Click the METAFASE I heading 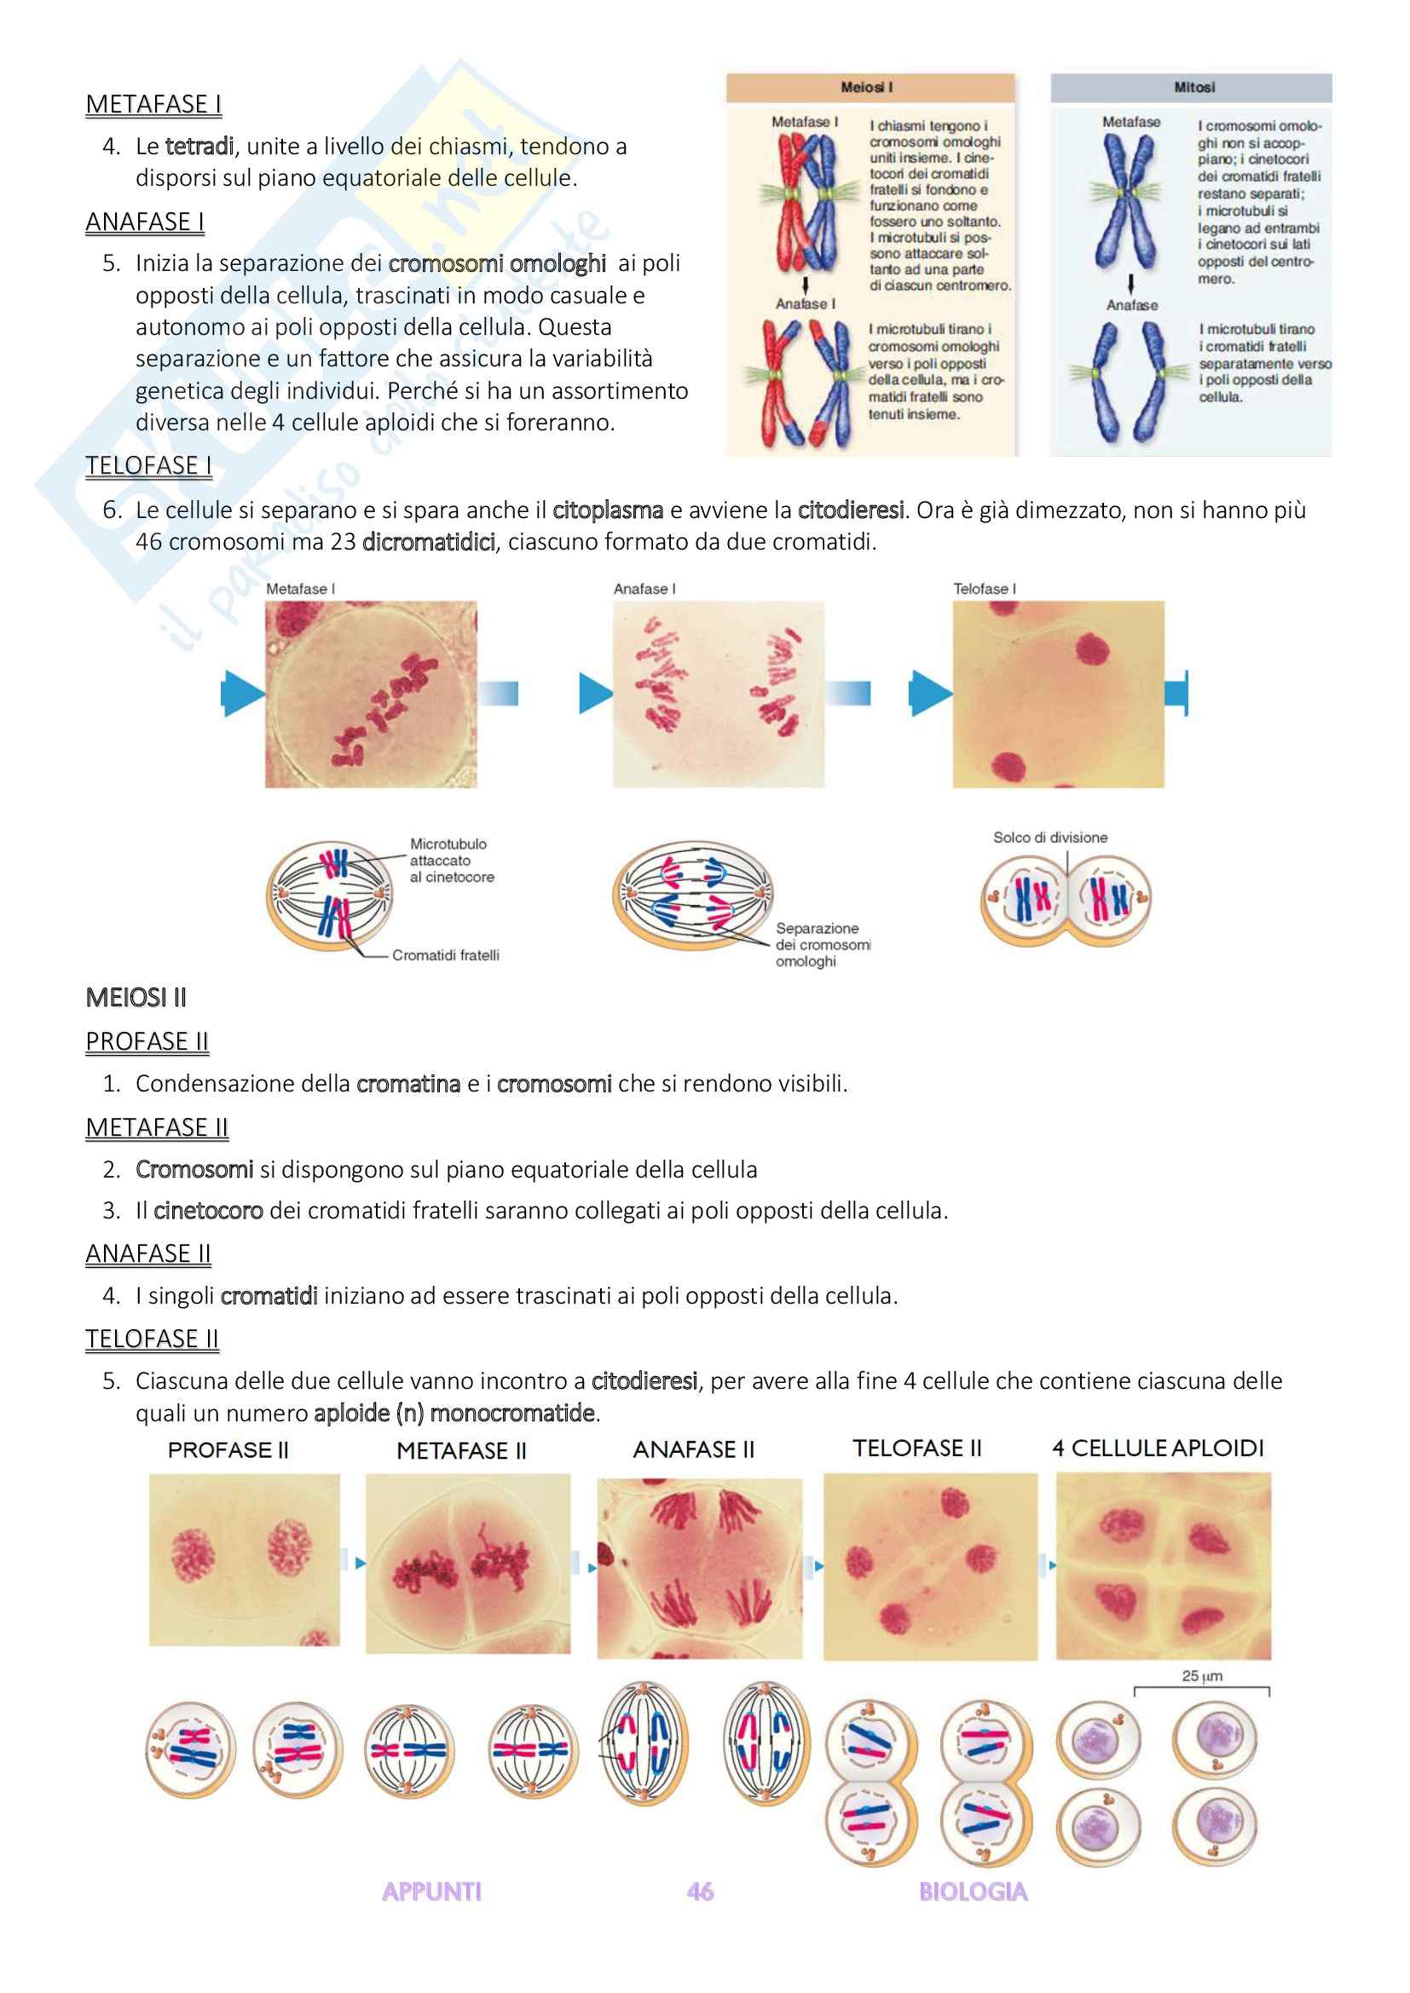tap(153, 104)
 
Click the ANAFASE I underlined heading tap(145, 222)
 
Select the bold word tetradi tap(199, 147)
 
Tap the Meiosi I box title tap(865, 88)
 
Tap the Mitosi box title tap(1193, 88)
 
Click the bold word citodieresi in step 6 tap(850, 510)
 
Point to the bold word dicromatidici tap(428, 543)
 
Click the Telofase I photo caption tap(985, 589)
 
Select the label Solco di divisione tap(1049, 838)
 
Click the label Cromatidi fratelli tap(445, 955)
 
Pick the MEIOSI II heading tap(136, 998)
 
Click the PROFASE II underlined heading tap(147, 1040)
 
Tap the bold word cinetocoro tap(208, 1211)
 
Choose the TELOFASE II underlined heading tap(152, 1339)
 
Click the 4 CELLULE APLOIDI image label tap(1158, 1448)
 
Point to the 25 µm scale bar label tap(1202, 1676)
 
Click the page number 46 tap(700, 1892)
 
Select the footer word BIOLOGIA tap(973, 1892)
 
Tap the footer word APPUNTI tap(431, 1892)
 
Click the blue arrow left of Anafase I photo tap(595, 694)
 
